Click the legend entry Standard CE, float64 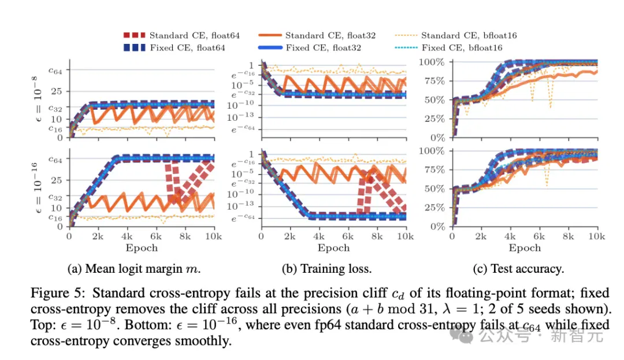point(182,35)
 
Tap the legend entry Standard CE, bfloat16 point(456,35)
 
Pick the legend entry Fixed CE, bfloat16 point(448,48)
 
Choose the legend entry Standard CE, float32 point(317,35)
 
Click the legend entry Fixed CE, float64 point(174,48)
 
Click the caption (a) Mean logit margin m point(133,269)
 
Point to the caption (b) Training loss point(326,269)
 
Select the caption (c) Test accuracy point(518,269)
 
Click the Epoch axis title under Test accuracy point(525,248)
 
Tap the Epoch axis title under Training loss point(333,248)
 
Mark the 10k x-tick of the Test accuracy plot point(596,236)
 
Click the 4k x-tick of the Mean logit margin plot point(127,236)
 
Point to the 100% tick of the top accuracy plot point(432,62)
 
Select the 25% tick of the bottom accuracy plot point(434,207)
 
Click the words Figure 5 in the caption point(57,293)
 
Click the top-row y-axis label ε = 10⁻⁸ point(36,99)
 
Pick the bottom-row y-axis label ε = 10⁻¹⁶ point(36,187)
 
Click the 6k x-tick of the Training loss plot point(348,236)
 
